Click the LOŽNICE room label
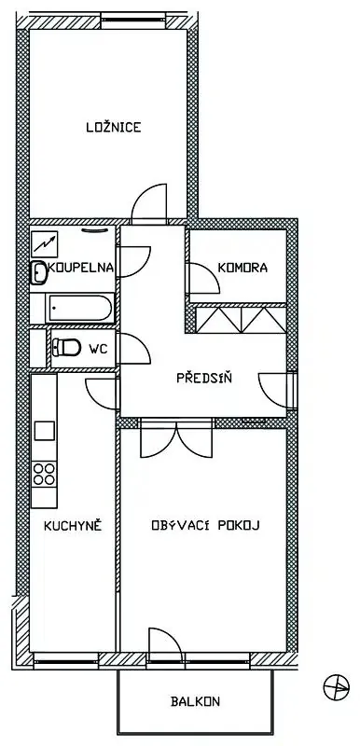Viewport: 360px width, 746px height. (x=114, y=127)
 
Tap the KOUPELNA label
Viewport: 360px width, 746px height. (x=81, y=268)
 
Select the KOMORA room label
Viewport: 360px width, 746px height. (x=242, y=268)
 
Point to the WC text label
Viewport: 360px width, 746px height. (x=98, y=349)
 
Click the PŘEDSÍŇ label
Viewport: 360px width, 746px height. (x=204, y=378)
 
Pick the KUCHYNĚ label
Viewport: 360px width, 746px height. (x=73, y=525)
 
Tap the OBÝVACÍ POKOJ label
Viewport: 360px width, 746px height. (x=205, y=525)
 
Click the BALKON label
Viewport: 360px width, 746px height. (x=195, y=701)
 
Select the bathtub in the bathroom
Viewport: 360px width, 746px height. (x=81, y=309)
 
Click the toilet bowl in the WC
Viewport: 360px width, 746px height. (x=66, y=347)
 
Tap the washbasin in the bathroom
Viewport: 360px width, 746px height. (x=38, y=272)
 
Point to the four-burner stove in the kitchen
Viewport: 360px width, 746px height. (x=44, y=474)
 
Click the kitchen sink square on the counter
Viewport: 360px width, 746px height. (x=44, y=431)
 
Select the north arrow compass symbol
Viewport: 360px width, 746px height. (x=337, y=687)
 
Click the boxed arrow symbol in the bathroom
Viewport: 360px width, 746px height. (x=44, y=244)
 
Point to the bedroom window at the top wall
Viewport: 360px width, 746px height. (x=133, y=20)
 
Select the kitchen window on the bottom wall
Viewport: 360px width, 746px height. (x=66, y=660)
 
